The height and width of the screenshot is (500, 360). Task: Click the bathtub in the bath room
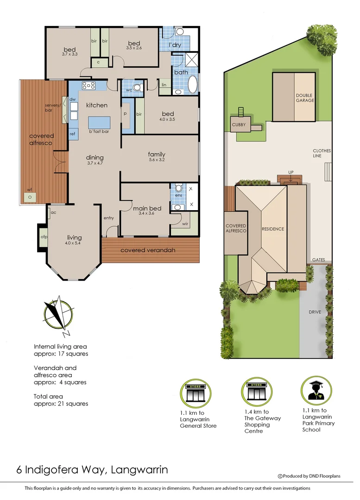(x=192, y=85)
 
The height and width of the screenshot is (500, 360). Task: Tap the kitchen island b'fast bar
(x=99, y=123)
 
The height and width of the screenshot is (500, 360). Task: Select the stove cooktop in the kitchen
(x=88, y=85)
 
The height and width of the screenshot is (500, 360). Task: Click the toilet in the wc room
(x=137, y=87)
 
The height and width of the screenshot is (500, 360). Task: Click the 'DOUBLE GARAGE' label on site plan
(x=305, y=98)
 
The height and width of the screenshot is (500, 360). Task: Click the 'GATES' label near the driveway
(x=318, y=260)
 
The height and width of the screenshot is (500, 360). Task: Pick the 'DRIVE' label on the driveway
(x=315, y=312)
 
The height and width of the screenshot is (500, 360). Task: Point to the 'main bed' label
(x=147, y=208)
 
